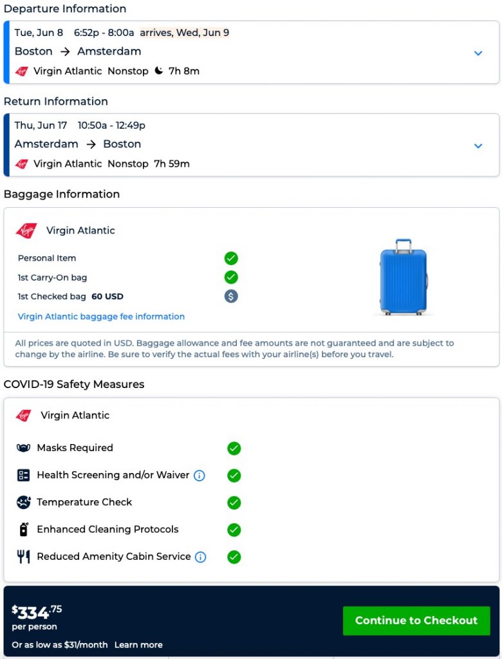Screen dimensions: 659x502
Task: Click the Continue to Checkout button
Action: tap(416, 620)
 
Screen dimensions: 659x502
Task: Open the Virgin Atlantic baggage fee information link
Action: tap(101, 317)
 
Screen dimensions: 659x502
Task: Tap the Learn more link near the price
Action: tap(138, 645)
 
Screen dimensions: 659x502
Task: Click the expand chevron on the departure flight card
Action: tap(478, 53)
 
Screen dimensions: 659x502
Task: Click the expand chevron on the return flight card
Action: tap(478, 146)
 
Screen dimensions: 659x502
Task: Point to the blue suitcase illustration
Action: tap(404, 277)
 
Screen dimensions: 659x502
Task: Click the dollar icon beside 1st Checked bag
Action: tap(231, 296)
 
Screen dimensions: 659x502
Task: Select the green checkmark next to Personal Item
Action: tap(231, 258)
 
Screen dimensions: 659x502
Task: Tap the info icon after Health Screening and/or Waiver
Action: tap(200, 476)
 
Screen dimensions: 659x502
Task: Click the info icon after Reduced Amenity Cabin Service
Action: tap(201, 557)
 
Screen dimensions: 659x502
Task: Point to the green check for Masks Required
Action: tap(234, 448)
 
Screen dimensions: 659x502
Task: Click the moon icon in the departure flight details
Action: tap(159, 71)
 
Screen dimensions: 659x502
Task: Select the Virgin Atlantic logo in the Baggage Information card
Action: tap(26, 230)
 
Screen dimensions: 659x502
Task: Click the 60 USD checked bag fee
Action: tap(107, 297)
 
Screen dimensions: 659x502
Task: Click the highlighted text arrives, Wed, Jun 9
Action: tap(184, 33)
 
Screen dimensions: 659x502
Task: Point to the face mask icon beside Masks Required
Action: tap(24, 448)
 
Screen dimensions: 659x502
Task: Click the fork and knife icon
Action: tap(24, 557)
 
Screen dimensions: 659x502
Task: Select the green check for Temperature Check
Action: tap(234, 503)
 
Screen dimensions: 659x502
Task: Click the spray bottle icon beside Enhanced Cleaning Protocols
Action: tap(24, 530)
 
